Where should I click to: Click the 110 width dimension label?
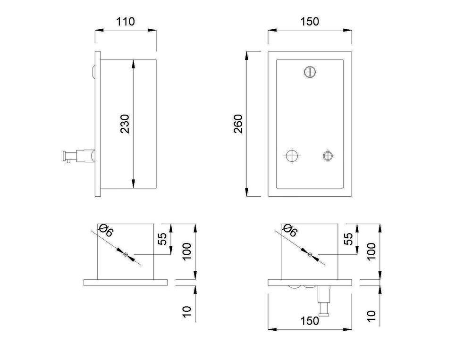(x=126, y=22)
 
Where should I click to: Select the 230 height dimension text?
(x=125, y=124)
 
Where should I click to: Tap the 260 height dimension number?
(x=238, y=124)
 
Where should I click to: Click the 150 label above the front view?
(x=310, y=22)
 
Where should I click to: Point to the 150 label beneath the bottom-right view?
(x=310, y=321)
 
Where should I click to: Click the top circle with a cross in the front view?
(x=310, y=72)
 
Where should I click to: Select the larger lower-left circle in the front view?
(x=292, y=156)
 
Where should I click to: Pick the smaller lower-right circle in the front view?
(x=328, y=156)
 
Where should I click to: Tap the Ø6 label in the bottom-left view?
(x=105, y=230)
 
